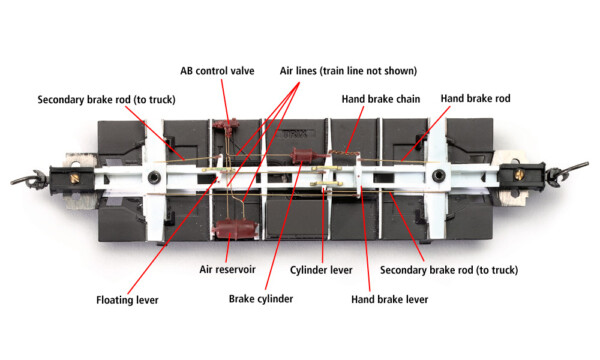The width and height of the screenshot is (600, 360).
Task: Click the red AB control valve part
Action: (226, 128)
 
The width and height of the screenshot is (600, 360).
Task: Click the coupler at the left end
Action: (21, 178)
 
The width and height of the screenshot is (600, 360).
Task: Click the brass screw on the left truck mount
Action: (75, 177)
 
